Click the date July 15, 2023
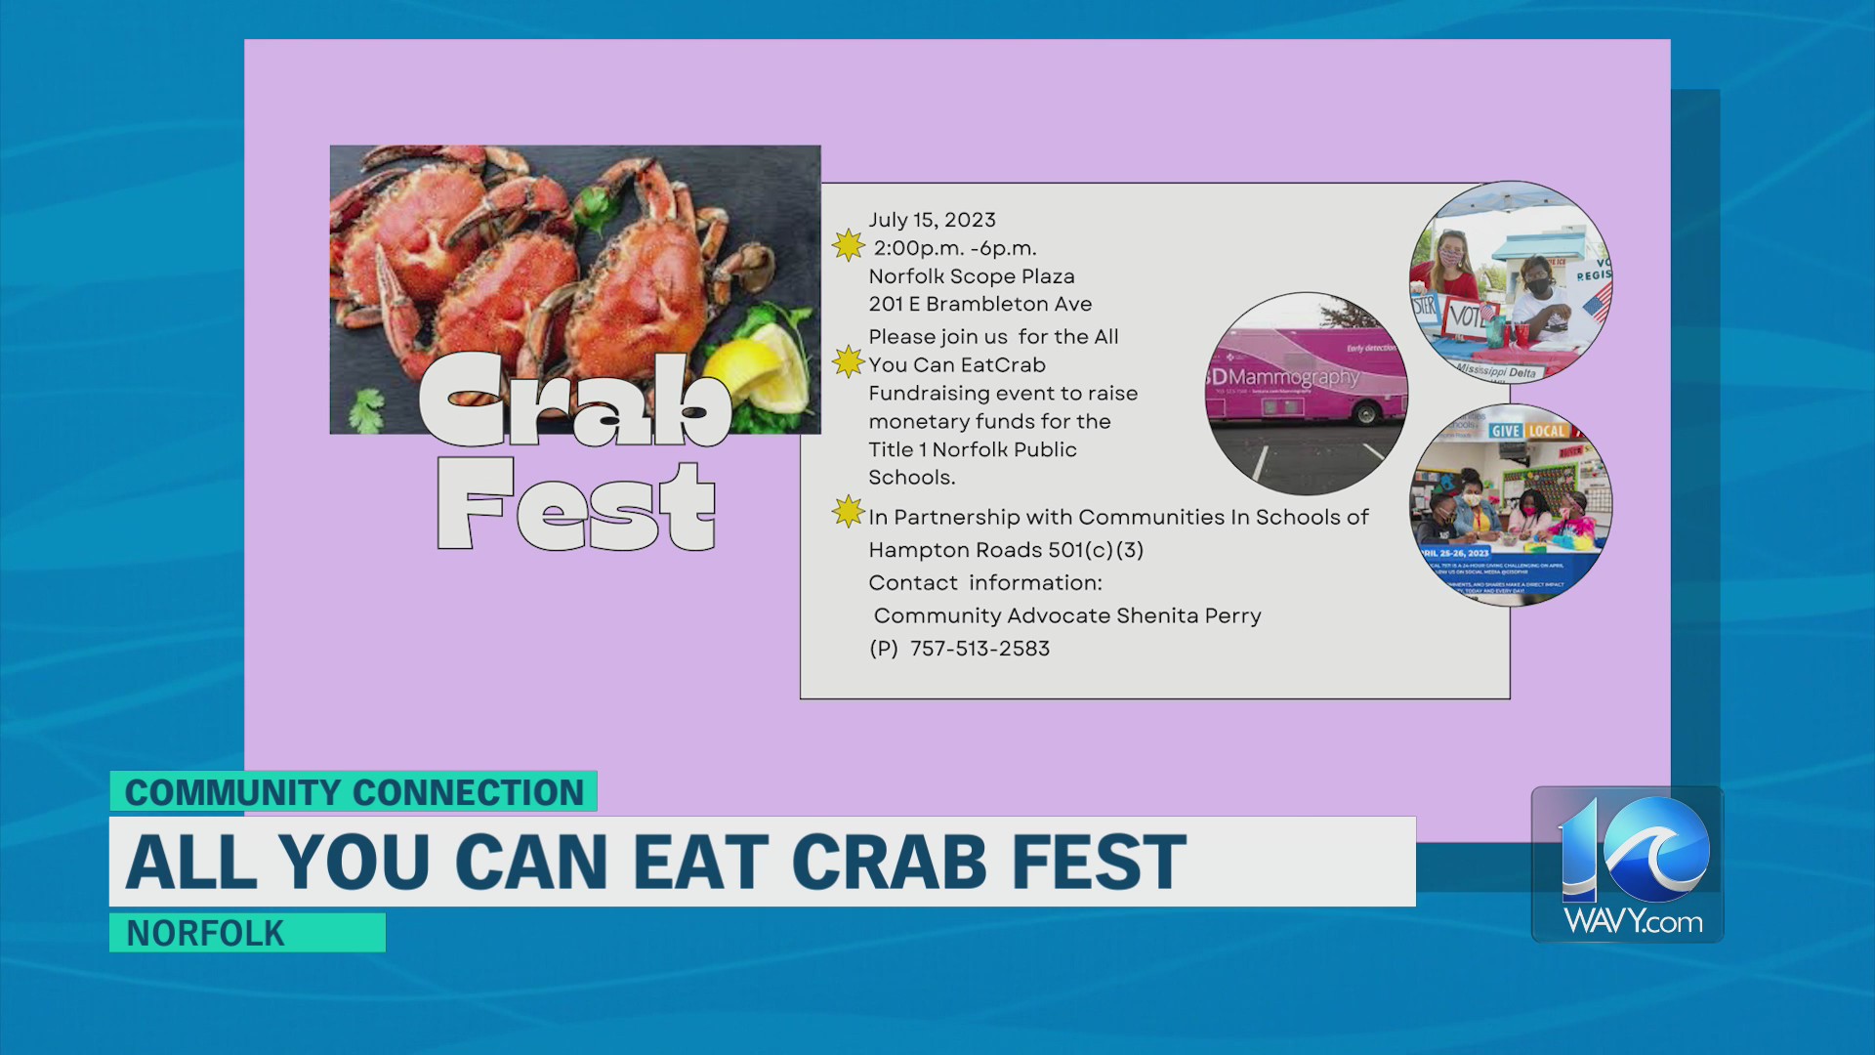[932, 220]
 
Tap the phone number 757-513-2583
[979, 649]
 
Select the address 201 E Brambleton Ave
[979, 304]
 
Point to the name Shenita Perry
[1188, 615]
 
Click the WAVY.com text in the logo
[1632, 921]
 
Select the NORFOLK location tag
[205, 933]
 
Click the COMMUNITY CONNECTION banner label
[354, 792]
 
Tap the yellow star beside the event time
[848, 245]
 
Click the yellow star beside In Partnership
[848, 512]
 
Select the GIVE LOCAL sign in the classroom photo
[1528, 431]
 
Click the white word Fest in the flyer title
[576, 506]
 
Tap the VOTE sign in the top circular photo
[1465, 316]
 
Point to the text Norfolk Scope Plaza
[971, 276]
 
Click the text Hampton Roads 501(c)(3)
[1006, 550]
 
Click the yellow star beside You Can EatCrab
[848, 361]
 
